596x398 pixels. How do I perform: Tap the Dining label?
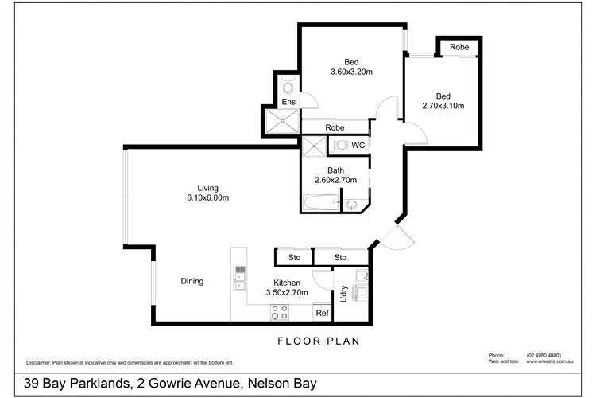pos(192,280)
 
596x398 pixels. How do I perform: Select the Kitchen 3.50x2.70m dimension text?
pos(286,293)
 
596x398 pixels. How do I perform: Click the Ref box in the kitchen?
pos(322,314)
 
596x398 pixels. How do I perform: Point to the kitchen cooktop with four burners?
pos(279,311)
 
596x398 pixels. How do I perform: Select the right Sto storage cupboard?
pos(340,257)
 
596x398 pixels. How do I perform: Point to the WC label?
pos(358,146)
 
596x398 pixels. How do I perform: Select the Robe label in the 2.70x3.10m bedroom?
pos(459,48)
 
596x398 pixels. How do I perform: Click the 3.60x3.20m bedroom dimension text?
pos(351,72)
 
